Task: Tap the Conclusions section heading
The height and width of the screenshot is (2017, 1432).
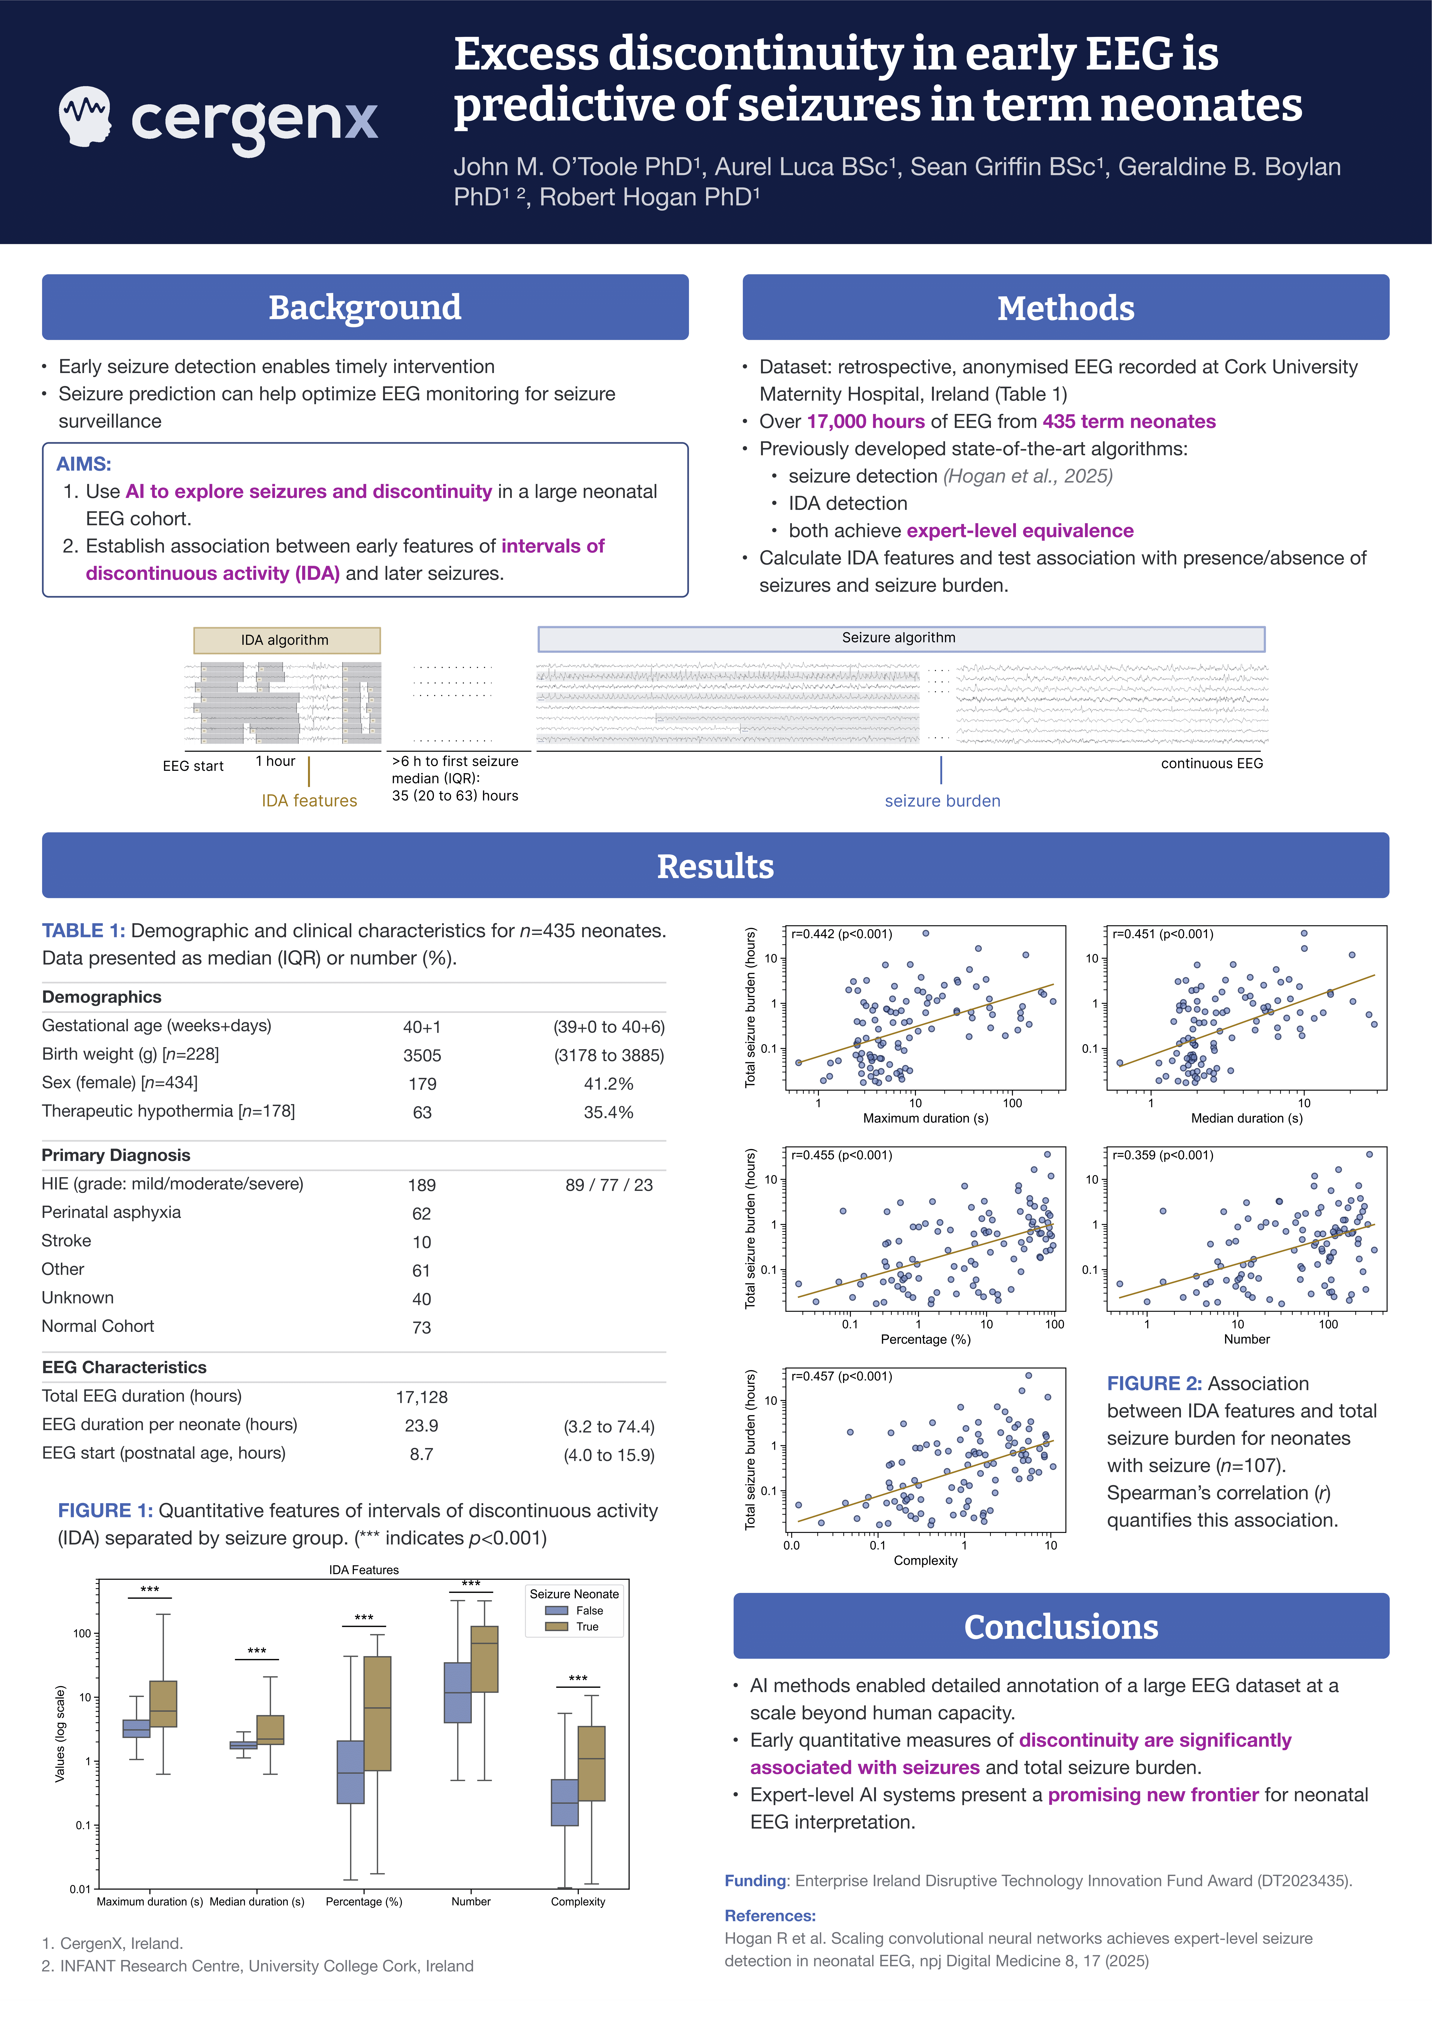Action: click(x=1061, y=1626)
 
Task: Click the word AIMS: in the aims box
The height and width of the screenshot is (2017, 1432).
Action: click(x=84, y=464)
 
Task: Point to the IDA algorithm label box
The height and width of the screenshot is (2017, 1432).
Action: click(x=287, y=640)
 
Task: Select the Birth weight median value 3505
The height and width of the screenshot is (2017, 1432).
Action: click(x=421, y=1055)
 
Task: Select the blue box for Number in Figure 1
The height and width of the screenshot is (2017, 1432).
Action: click(x=457, y=1693)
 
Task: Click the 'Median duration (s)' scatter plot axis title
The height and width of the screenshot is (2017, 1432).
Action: click(x=1246, y=1118)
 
